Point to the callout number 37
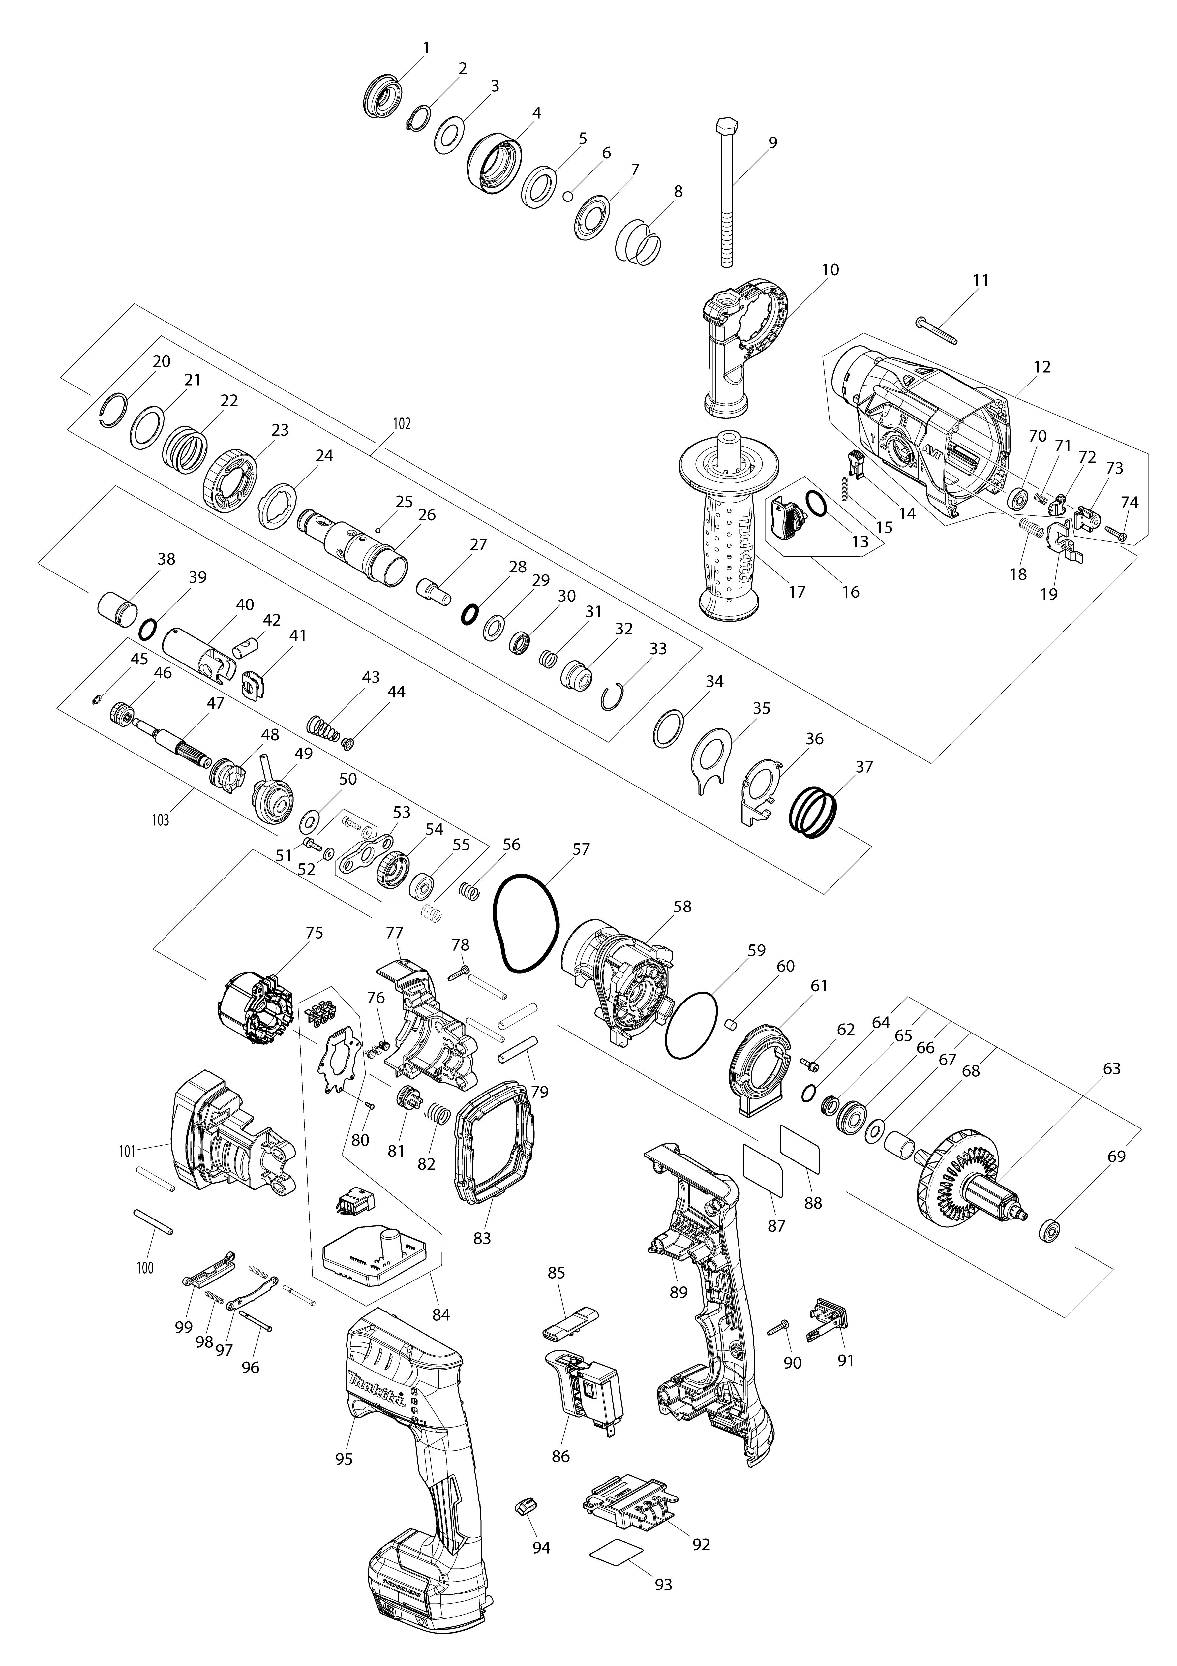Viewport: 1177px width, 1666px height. click(864, 766)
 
